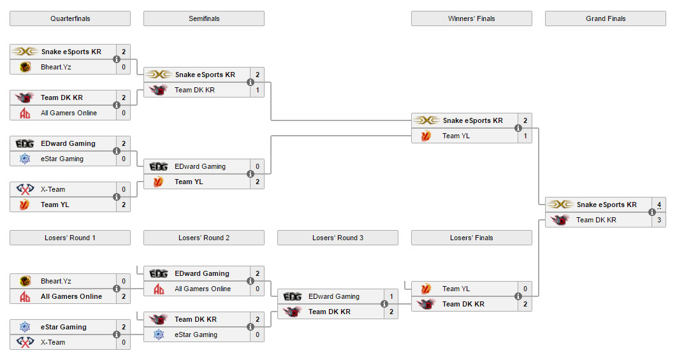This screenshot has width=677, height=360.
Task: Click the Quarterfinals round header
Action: point(70,18)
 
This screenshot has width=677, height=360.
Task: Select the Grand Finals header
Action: point(606,18)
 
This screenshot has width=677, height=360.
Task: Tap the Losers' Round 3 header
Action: point(338,238)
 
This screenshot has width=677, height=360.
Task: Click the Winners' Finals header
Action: point(472,18)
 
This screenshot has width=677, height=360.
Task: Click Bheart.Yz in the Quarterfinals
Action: point(55,67)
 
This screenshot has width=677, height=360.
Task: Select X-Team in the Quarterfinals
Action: point(53,189)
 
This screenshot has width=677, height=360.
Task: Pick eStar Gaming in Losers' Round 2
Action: point(196,335)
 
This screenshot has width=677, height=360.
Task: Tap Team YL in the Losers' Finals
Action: point(456,289)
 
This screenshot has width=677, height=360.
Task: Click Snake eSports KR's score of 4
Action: point(659,205)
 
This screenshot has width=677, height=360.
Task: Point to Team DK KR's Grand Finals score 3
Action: point(659,220)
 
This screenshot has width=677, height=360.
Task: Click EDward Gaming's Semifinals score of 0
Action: point(258,166)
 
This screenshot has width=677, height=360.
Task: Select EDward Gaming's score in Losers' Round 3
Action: point(391,296)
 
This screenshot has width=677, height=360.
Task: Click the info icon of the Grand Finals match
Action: point(652,212)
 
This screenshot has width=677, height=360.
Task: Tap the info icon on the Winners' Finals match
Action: point(518,128)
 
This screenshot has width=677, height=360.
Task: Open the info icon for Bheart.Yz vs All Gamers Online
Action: point(117,289)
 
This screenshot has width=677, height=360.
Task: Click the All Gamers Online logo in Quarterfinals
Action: point(25,113)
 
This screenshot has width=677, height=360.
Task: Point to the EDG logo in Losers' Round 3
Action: point(293,296)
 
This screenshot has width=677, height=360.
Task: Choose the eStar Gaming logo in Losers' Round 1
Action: point(25,327)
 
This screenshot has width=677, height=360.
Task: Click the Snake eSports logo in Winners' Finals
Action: point(426,120)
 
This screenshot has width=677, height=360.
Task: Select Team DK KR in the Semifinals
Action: point(194,90)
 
